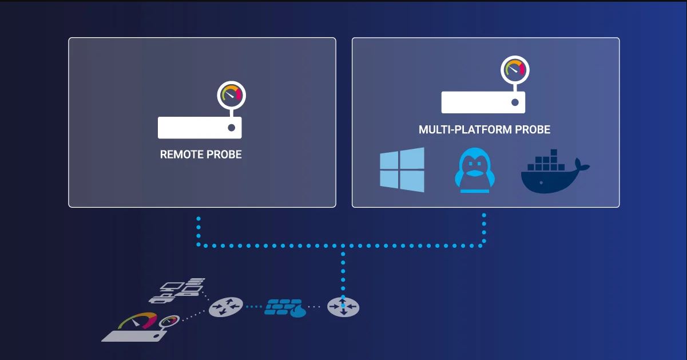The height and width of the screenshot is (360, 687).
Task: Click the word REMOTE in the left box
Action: [181, 155]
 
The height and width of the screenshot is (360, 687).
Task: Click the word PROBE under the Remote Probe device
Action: [224, 155]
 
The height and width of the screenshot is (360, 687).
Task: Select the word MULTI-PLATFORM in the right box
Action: [465, 129]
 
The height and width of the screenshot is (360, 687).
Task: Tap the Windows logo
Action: [402, 170]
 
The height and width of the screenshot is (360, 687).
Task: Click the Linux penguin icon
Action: [474, 171]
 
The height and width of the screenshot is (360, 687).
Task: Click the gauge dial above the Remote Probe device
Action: [232, 95]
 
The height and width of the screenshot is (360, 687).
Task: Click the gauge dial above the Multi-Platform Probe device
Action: [515, 70]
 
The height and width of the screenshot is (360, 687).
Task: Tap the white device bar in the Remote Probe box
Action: [200, 128]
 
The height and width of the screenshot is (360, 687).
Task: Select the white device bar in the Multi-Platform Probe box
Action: [483, 102]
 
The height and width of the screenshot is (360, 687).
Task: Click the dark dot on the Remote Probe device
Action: [232, 128]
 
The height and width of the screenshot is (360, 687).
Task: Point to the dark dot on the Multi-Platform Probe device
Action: [515, 102]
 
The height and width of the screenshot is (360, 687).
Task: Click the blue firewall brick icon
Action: [285, 307]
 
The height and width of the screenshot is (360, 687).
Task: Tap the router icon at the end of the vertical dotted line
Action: [343, 306]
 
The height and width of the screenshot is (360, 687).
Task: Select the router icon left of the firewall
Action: [226, 307]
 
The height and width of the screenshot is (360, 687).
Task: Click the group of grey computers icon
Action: [177, 290]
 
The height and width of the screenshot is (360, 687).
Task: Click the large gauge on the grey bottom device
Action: [137, 321]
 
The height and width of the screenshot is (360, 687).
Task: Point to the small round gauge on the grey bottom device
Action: [169, 321]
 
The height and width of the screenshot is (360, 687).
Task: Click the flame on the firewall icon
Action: [299, 311]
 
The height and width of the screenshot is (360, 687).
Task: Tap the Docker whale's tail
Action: [582, 164]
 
